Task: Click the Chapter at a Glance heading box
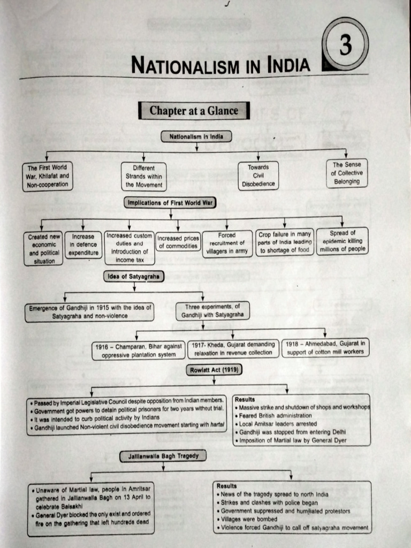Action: [194, 111]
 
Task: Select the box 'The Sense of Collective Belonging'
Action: [347, 173]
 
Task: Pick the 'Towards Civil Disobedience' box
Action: [258, 176]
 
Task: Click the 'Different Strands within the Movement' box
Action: [144, 177]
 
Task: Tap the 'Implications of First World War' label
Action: [170, 203]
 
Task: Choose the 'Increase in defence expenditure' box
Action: [83, 245]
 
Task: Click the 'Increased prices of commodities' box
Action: [178, 242]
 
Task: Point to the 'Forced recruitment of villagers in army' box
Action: [227, 243]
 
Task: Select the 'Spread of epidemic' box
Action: [342, 241]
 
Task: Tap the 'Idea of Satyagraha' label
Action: [134, 276]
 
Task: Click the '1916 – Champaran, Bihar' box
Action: [139, 351]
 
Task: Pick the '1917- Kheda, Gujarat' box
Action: [233, 348]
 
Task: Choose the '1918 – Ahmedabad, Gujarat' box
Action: [324, 348]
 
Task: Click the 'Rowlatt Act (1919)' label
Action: [214, 370]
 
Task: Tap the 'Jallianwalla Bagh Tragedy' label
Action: [163, 456]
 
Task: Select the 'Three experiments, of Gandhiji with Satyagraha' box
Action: [212, 311]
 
